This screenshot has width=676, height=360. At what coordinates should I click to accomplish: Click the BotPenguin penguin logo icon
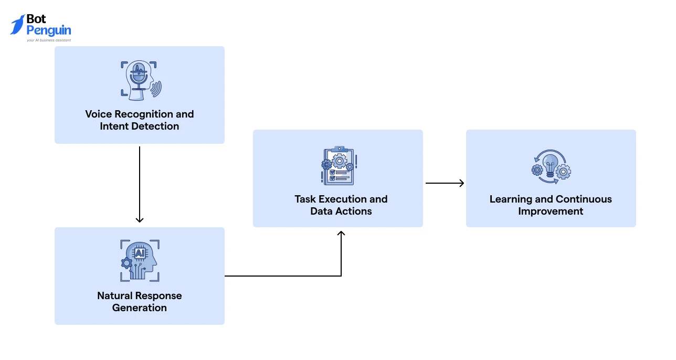coord(17,25)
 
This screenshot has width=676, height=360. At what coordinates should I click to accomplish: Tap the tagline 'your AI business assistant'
coord(49,40)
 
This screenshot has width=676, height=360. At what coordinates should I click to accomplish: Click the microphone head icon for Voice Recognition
coord(140,81)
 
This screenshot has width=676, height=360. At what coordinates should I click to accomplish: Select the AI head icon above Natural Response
coord(140,261)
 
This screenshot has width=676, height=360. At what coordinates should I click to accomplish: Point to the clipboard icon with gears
coord(338,166)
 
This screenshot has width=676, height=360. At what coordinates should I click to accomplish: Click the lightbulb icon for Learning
coord(551,166)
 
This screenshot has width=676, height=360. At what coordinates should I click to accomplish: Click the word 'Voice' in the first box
coord(99,114)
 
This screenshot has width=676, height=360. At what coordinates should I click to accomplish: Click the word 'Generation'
coord(140,308)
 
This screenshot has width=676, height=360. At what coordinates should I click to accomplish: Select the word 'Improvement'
coord(551,211)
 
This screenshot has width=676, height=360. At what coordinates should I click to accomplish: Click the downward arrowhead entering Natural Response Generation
coord(140,219)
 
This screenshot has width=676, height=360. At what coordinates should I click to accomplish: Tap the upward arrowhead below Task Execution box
coord(341,233)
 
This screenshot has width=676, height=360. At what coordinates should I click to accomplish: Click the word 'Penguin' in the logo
coord(49,30)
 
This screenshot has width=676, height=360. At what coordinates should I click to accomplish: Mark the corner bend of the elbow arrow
coord(341,276)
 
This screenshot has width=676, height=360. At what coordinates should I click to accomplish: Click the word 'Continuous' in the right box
coord(584,199)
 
